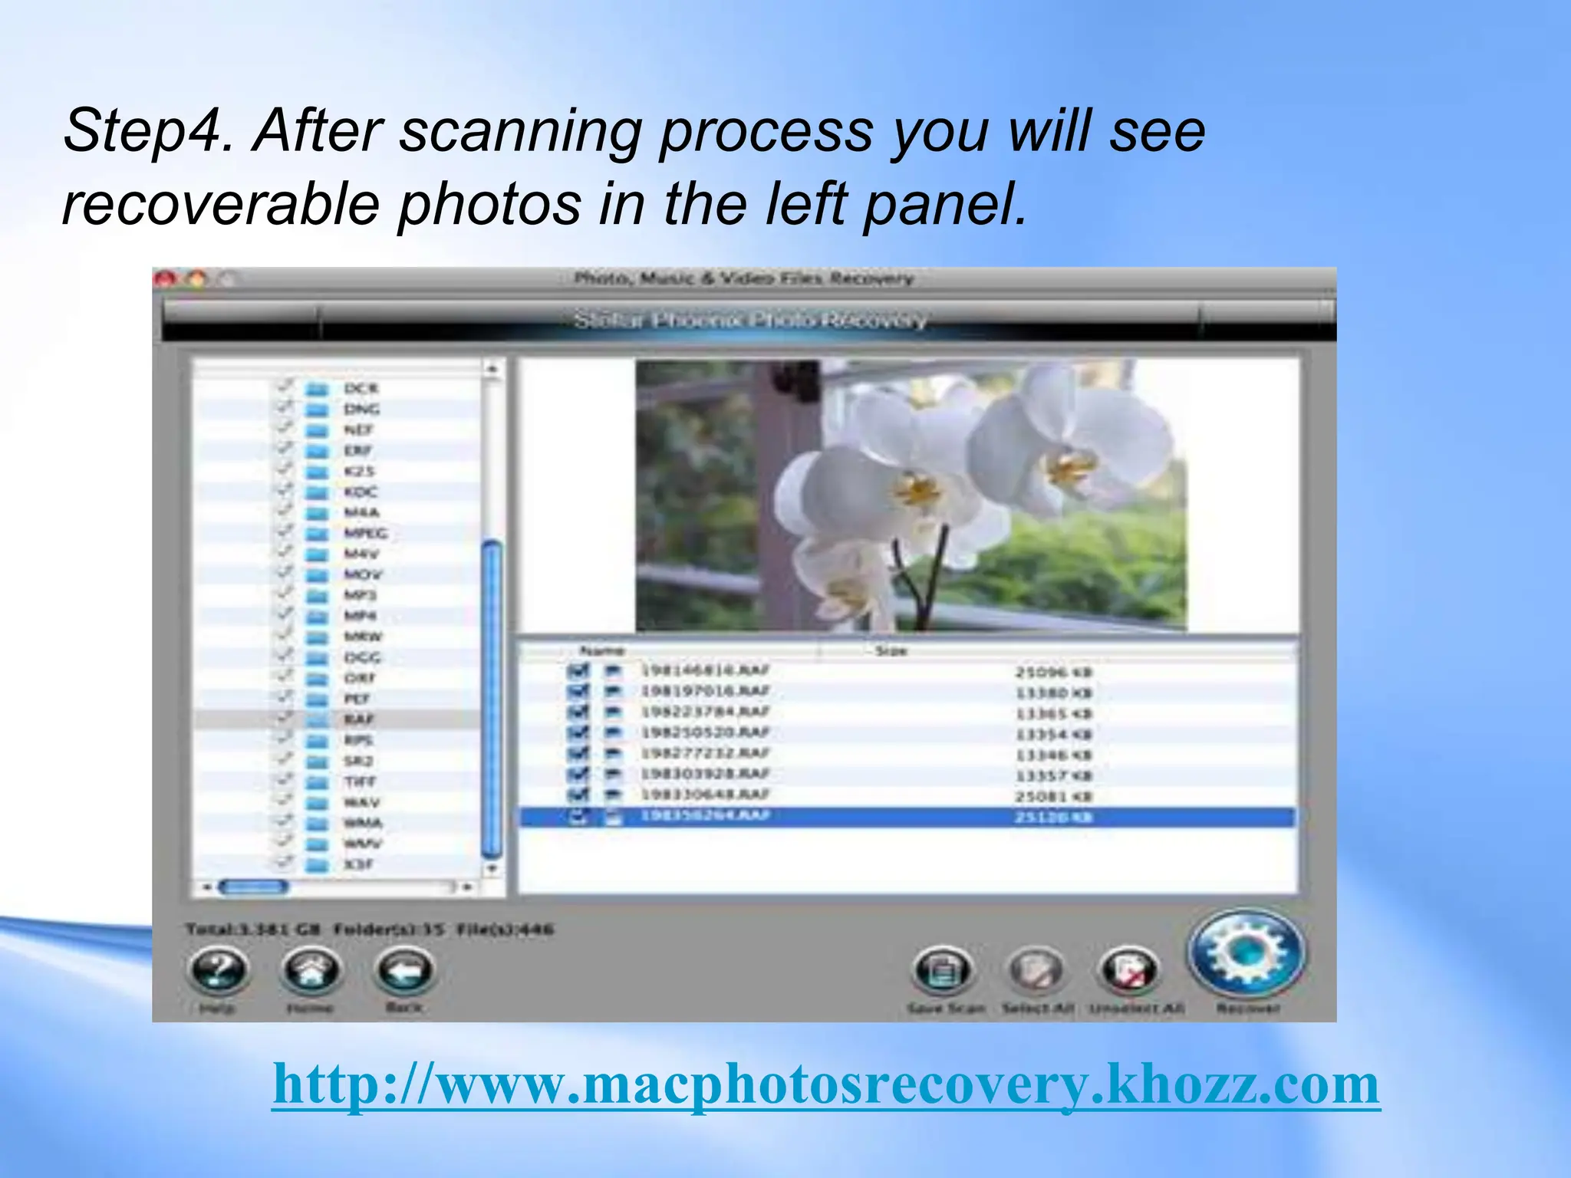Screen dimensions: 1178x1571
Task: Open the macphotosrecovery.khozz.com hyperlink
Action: (x=826, y=1084)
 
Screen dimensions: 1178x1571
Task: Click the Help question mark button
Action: (x=218, y=970)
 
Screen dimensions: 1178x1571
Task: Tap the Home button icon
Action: (x=311, y=970)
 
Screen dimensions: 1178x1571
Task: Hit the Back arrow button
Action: (x=404, y=970)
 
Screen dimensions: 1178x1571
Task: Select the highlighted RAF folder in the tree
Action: (x=358, y=719)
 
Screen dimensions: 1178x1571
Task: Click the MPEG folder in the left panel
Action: (x=365, y=533)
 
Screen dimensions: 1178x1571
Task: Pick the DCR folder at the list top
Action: (x=361, y=389)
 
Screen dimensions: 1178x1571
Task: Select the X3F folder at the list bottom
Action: (x=358, y=864)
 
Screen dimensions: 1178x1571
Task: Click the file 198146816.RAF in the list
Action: (x=705, y=671)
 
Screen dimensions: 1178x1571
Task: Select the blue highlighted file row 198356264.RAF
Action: (x=705, y=816)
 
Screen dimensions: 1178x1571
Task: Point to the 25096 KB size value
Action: (x=1052, y=673)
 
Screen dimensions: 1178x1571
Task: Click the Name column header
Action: (x=602, y=651)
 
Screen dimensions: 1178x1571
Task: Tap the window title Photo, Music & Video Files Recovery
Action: (x=743, y=278)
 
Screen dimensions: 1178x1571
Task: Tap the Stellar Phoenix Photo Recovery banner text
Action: (x=749, y=320)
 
